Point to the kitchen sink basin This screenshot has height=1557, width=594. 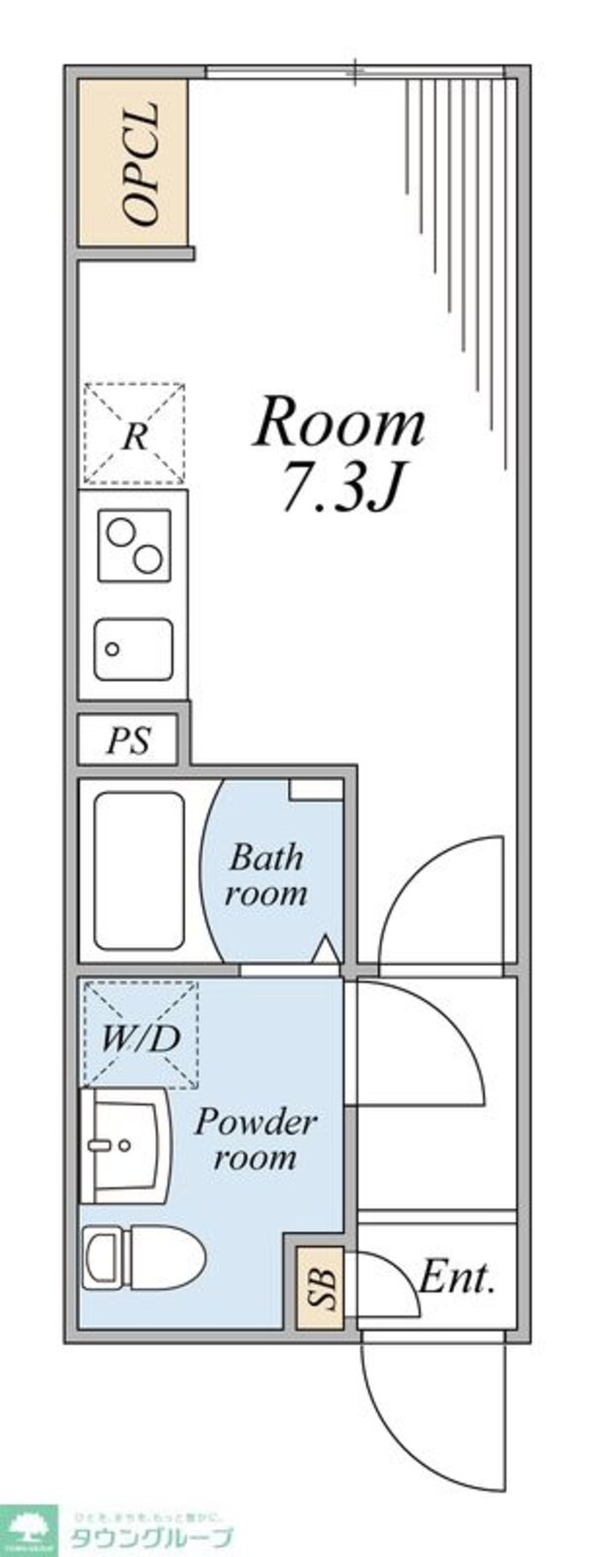click(x=134, y=648)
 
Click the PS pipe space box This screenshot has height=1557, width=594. click(x=129, y=740)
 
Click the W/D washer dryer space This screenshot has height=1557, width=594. click(x=140, y=1035)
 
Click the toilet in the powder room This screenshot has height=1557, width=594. click(x=142, y=1255)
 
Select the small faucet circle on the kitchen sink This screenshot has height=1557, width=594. click(x=113, y=649)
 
